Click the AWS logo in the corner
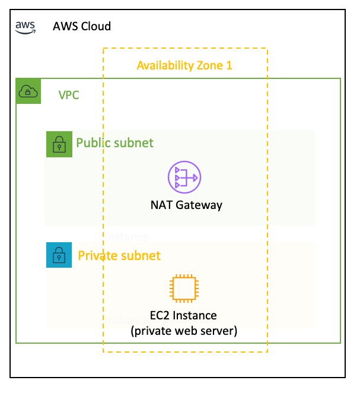pyautogui.click(x=26, y=26)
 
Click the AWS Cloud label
pyautogui.click(x=82, y=27)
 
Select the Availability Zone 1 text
pyautogui.click(x=184, y=65)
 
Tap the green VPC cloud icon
pyautogui.click(x=28, y=91)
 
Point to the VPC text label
pyautogui.click(x=69, y=94)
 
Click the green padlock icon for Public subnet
pyautogui.click(x=59, y=144)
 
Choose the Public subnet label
pyautogui.click(x=114, y=143)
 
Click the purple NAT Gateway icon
pyautogui.click(x=184, y=177)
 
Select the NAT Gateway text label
pyautogui.click(x=186, y=205)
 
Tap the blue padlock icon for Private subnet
pyautogui.click(x=59, y=255)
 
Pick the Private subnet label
pyautogui.click(x=119, y=256)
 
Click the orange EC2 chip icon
pyautogui.click(x=184, y=289)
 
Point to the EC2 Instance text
pyautogui.click(x=183, y=315)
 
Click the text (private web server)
pyautogui.click(x=184, y=331)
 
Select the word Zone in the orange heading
pyautogui.click(x=209, y=65)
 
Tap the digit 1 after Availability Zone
pyautogui.click(x=229, y=65)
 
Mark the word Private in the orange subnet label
pyautogui.click(x=97, y=256)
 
